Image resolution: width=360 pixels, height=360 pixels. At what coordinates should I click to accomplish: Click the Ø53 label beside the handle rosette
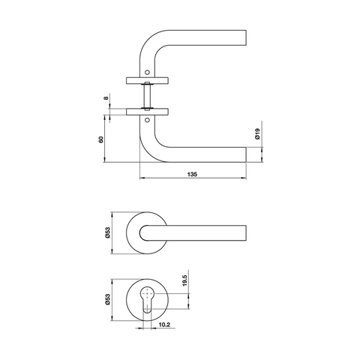tap(108, 233)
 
